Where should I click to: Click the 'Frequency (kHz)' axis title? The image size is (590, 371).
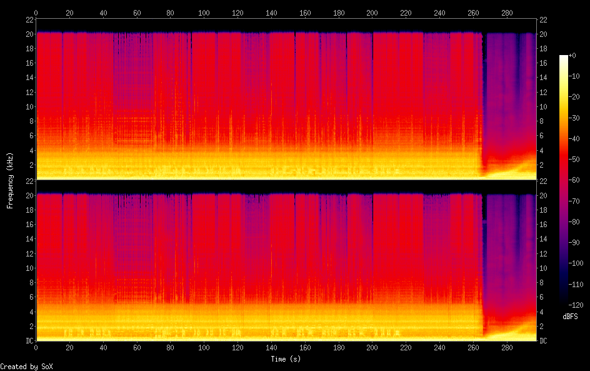[10, 180]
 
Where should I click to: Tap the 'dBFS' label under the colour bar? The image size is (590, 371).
[570, 317]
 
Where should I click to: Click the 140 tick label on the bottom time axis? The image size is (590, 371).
[271, 347]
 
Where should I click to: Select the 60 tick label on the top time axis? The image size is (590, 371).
[137, 13]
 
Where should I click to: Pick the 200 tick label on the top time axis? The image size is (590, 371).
[372, 13]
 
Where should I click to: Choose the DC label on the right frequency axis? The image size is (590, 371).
[544, 341]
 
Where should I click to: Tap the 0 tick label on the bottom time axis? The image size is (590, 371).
[36, 347]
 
